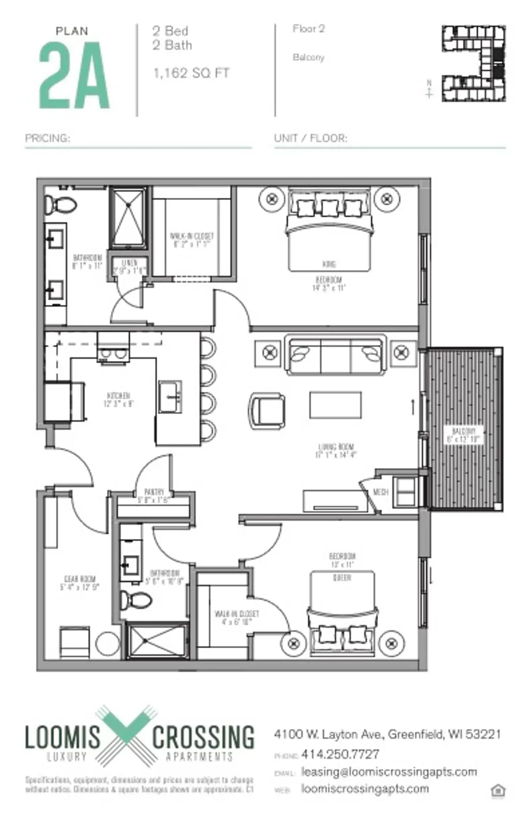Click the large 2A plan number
coord(74,76)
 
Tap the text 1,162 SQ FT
coord(191,73)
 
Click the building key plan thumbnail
coord(474,64)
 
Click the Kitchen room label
coord(118,399)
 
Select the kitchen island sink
coord(170,397)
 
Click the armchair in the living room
coord(267,411)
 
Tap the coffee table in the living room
coord(335,404)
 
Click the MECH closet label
coord(380,492)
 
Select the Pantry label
coord(154,495)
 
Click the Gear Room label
coord(79,583)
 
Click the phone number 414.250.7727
coord(340,754)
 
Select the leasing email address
coord(389,772)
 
